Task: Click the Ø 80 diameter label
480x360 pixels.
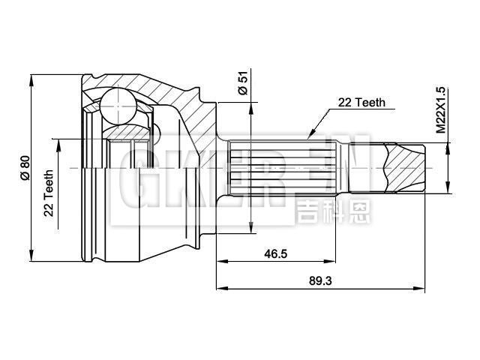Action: tap(24, 166)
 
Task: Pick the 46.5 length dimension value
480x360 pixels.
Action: tap(275, 253)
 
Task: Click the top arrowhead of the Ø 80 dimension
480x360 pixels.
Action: tap(31, 78)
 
